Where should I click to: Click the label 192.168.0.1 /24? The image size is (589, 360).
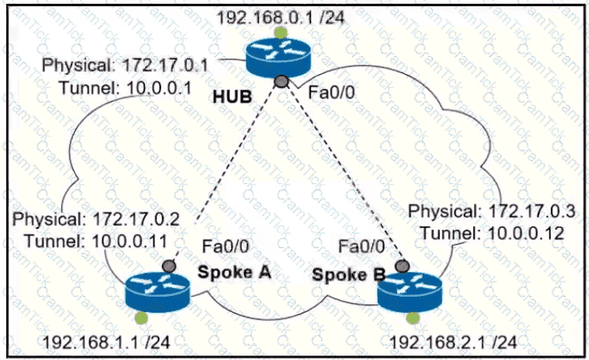[281, 16]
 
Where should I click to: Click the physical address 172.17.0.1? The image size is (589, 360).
[172, 65]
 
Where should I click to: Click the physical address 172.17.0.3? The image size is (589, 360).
[527, 210]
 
